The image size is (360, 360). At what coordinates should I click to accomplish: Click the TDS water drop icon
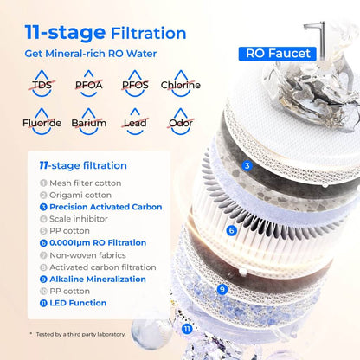click(42, 84)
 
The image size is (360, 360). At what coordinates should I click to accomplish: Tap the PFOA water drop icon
click(88, 84)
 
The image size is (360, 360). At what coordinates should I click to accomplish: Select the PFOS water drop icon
click(135, 84)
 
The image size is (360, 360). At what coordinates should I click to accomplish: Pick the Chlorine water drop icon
click(181, 84)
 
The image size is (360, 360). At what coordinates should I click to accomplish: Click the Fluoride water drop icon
click(42, 121)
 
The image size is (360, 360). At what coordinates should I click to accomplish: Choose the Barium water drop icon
click(88, 121)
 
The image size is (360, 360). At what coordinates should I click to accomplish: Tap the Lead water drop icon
click(135, 121)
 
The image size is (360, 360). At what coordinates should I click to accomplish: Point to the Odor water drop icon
click(181, 121)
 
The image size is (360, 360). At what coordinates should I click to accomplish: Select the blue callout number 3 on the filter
click(247, 165)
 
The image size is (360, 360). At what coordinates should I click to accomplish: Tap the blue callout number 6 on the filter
click(231, 230)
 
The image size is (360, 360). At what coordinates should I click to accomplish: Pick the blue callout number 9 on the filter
click(222, 290)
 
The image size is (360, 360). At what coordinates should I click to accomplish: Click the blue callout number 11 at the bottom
click(187, 329)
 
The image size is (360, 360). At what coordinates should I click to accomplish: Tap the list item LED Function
click(77, 303)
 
